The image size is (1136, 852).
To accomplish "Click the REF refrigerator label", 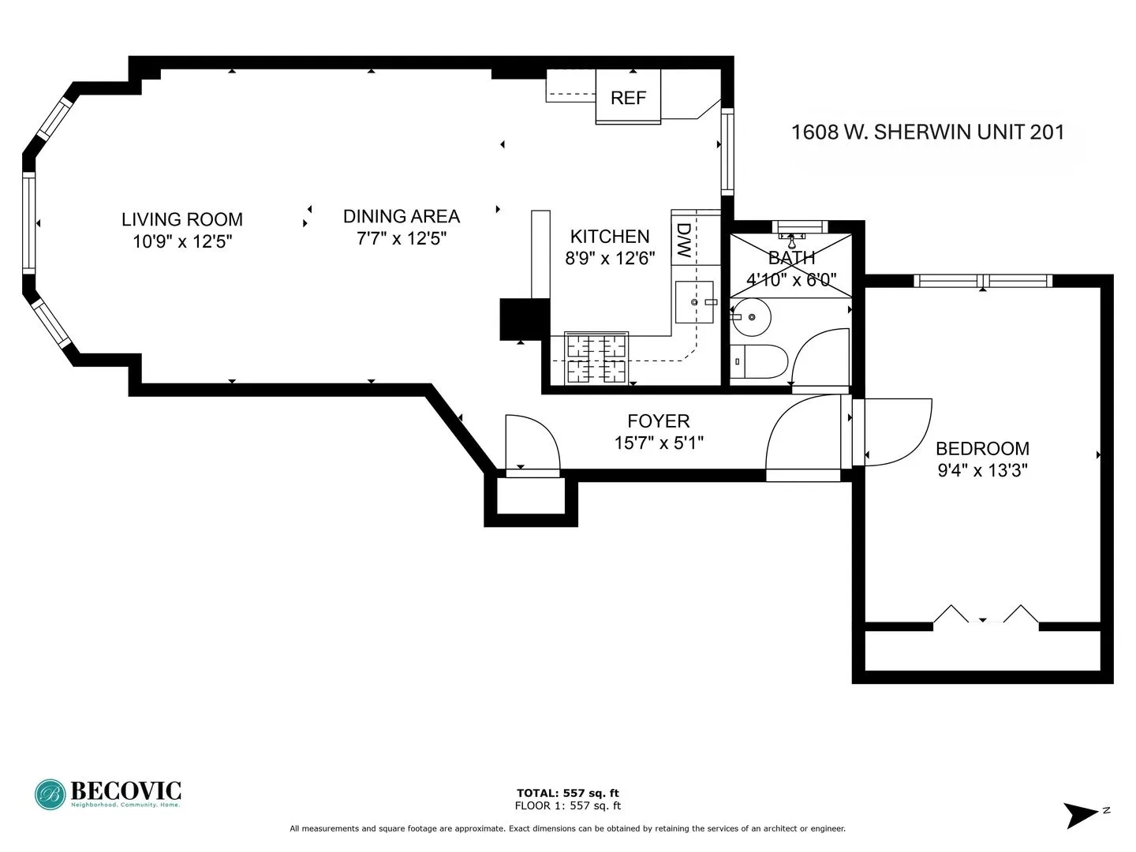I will click(x=628, y=98).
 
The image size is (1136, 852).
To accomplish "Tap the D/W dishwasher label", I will click(x=683, y=241).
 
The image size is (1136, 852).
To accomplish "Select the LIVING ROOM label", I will click(x=181, y=219).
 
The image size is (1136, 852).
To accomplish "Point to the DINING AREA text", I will click(x=401, y=216).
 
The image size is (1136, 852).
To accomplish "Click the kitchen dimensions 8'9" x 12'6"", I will click(x=610, y=258).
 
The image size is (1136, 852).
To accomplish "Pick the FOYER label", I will click(x=658, y=421).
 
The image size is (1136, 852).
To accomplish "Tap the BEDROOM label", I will click(x=982, y=449).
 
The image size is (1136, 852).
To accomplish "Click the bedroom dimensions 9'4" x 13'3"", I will click(x=982, y=470).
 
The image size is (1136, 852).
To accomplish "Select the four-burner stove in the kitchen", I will click(x=596, y=358).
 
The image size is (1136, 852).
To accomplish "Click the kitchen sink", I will click(x=694, y=302).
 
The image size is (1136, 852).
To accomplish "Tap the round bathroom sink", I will click(x=751, y=317).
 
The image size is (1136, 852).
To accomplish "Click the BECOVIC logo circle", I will click(x=50, y=794).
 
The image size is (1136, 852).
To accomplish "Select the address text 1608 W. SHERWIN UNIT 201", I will click(x=928, y=132).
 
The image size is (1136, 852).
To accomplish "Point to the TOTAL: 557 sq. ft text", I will click(x=567, y=793).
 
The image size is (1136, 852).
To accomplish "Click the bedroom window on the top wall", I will click(x=982, y=281).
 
